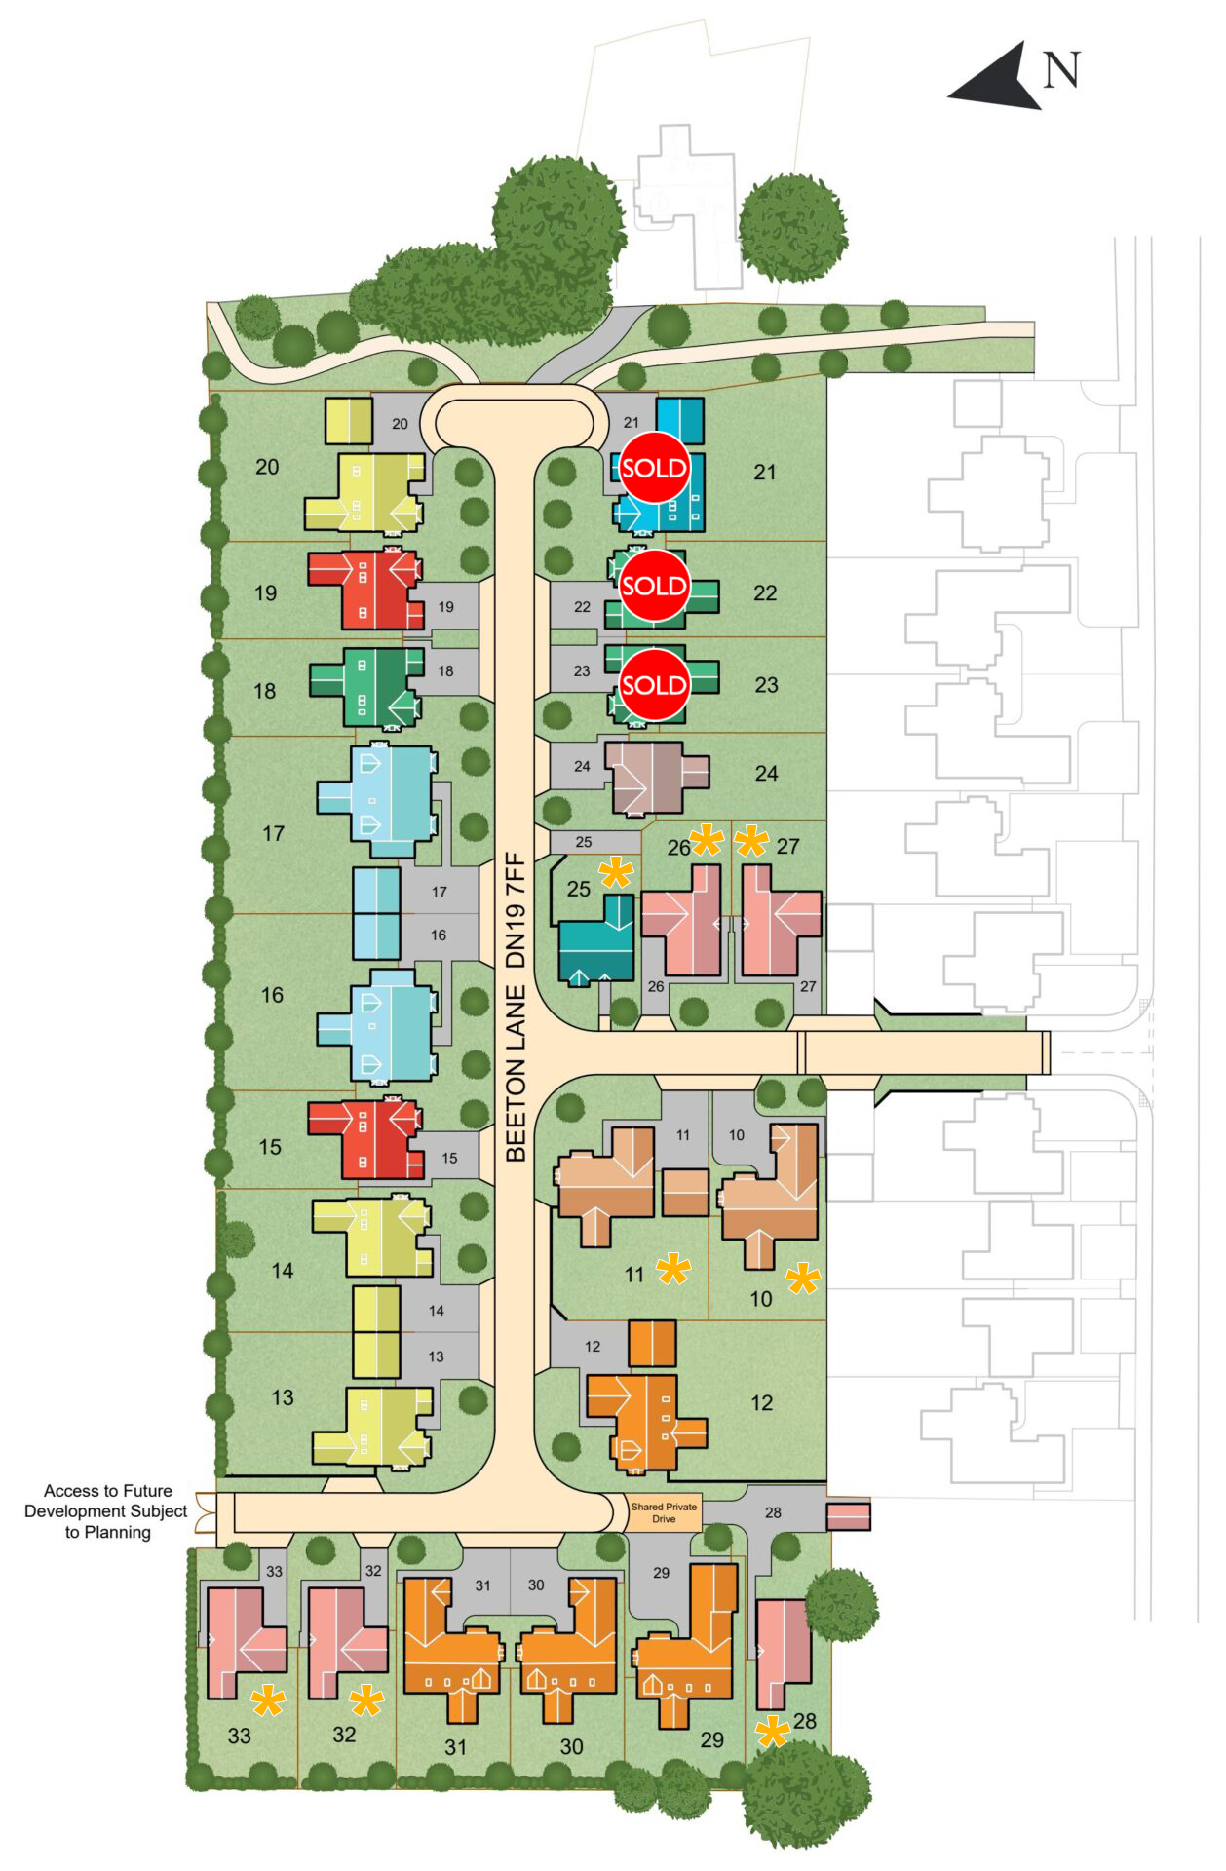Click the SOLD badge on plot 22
pyautogui.click(x=654, y=586)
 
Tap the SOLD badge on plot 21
pyautogui.click(x=654, y=468)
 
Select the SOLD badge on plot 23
pyautogui.click(x=654, y=685)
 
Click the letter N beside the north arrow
pyautogui.click(x=1062, y=69)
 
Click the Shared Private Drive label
pyautogui.click(x=664, y=1512)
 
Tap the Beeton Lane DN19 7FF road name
pyautogui.click(x=516, y=1008)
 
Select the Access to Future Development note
pyautogui.click(x=106, y=1511)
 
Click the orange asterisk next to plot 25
pyautogui.click(x=617, y=873)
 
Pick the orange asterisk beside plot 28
pyautogui.click(x=773, y=1732)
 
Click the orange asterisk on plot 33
pyautogui.click(x=268, y=1702)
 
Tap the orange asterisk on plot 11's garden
pyautogui.click(x=673, y=1270)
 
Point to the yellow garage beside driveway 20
pyautogui.click(x=348, y=420)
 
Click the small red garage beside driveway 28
pyautogui.click(x=848, y=1516)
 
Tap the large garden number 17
pyautogui.click(x=274, y=833)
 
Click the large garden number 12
pyautogui.click(x=762, y=1402)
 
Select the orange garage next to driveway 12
pyautogui.click(x=652, y=1344)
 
